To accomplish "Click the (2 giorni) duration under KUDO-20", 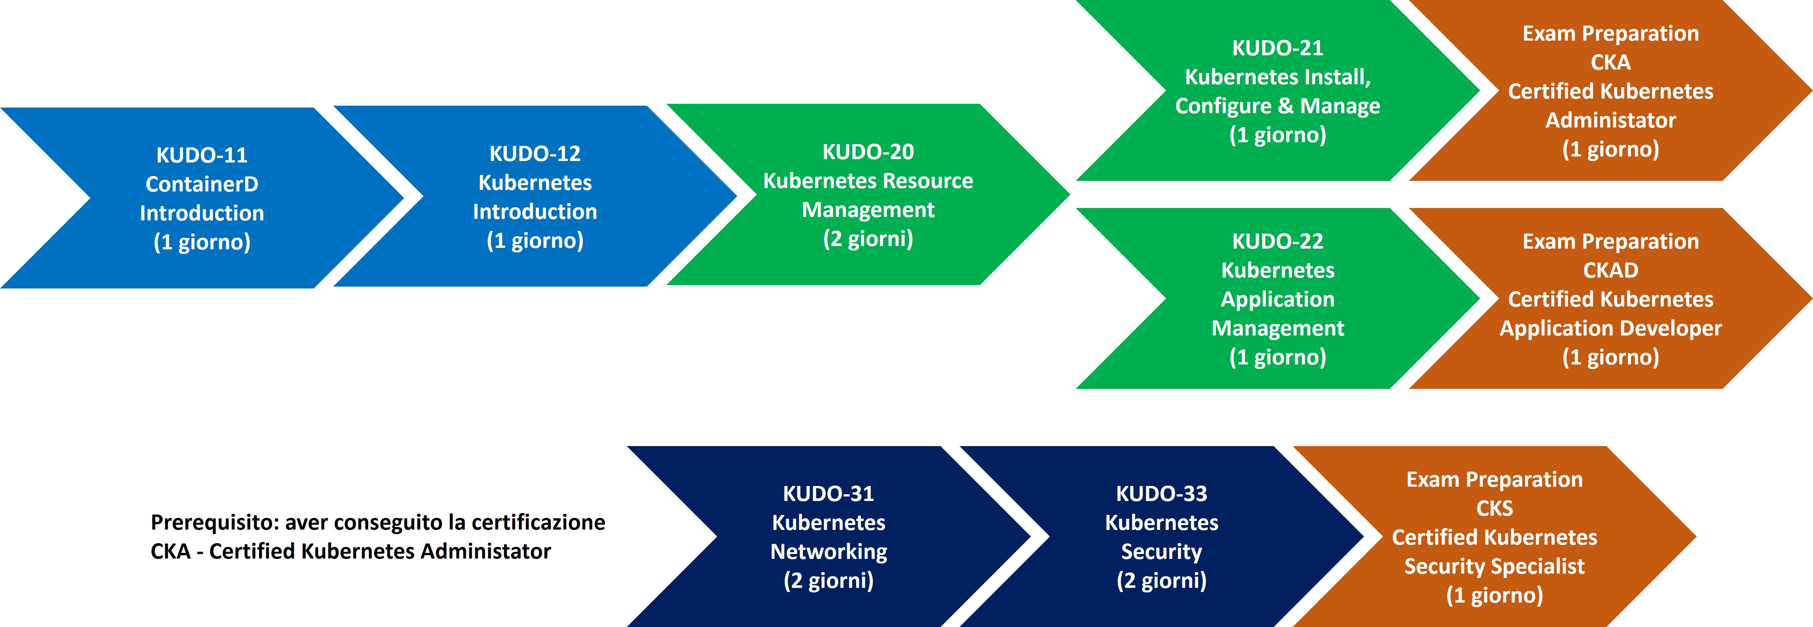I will pyautogui.click(x=868, y=238).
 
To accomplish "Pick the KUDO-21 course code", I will pyautogui.click(x=1277, y=48).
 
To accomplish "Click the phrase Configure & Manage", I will pyautogui.click(x=1277, y=106).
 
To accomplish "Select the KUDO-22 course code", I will pyautogui.click(x=1277, y=241).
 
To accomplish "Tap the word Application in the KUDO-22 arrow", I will pyautogui.click(x=1277, y=299).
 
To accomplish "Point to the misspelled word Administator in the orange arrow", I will pyautogui.click(x=1610, y=120).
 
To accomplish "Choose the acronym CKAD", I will pyautogui.click(x=1610, y=270).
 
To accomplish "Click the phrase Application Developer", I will pyautogui.click(x=1610, y=328).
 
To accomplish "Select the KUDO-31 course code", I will pyautogui.click(x=828, y=493).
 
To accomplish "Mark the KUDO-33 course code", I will pyautogui.click(x=1161, y=493).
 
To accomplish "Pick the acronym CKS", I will pyautogui.click(x=1494, y=508).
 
